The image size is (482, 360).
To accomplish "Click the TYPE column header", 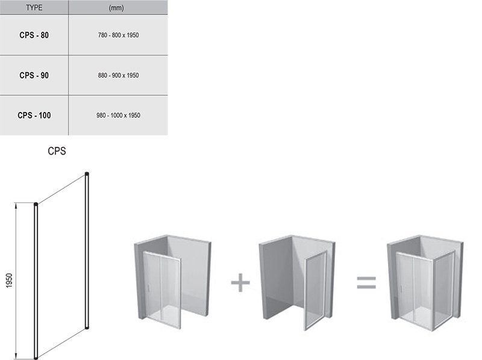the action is click(34, 8).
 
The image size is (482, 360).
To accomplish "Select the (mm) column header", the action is click(116, 8).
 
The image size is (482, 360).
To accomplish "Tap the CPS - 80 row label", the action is click(34, 36).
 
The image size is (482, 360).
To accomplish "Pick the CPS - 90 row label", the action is click(34, 75).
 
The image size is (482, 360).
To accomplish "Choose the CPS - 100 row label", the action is click(34, 115).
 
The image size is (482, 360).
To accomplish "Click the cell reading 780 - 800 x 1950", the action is click(118, 36).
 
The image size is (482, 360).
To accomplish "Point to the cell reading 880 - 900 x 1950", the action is click(118, 75).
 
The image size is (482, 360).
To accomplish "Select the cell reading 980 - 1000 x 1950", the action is click(118, 115).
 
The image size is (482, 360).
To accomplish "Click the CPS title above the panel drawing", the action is click(57, 151).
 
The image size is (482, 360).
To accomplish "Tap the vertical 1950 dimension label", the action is click(9, 281).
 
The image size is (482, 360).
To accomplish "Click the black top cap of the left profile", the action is click(36, 204).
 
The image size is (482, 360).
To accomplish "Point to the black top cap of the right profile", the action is click(87, 174).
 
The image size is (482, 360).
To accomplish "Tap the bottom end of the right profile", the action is click(87, 327).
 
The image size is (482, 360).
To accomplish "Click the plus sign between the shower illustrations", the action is click(240, 282).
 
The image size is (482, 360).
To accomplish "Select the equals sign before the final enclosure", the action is click(366, 282).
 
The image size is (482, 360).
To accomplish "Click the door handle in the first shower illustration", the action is click(149, 288).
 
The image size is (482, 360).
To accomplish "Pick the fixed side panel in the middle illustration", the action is click(315, 290).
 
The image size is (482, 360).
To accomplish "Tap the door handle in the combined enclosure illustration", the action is click(401, 288).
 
